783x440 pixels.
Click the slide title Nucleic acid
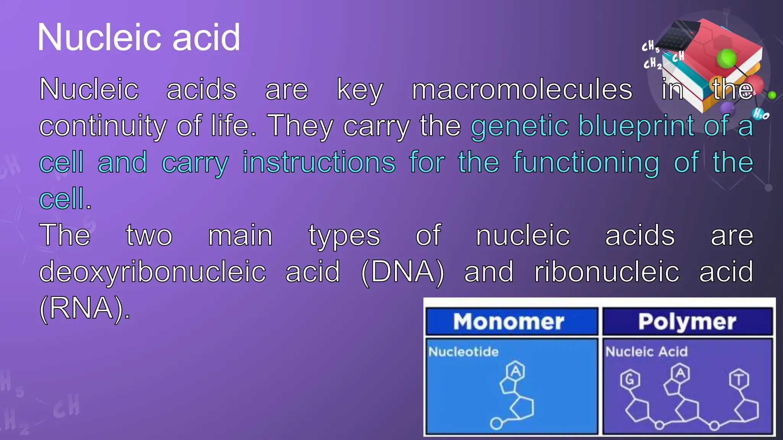pyautogui.click(x=138, y=37)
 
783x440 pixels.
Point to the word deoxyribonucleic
pyautogui.click(x=152, y=272)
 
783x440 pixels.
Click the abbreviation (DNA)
pyautogui.click(x=402, y=272)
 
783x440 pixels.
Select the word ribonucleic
pyautogui.click(x=607, y=272)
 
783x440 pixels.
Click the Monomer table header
pyautogui.click(x=508, y=322)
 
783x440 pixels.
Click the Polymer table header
pyautogui.click(x=687, y=322)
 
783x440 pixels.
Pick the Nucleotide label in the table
pyautogui.click(x=463, y=351)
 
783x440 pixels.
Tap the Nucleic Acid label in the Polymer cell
pyautogui.click(x=646, y=351)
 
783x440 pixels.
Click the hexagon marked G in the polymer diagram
pyautogui.click(x=630, y=379)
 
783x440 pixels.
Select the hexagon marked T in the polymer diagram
pyautogui.click(x=739, y=379)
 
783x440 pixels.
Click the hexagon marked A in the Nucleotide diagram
pyautogui.click(x=515, y=371)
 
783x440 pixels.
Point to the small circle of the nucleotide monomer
pyautogui.click(x=496, y=423)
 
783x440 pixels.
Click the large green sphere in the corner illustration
pyautogui.click(x=726, y=58)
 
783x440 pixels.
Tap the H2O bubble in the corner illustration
pyautogui.click(x=760, y=114)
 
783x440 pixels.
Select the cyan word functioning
pyautogui.click(x=586, y=163)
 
